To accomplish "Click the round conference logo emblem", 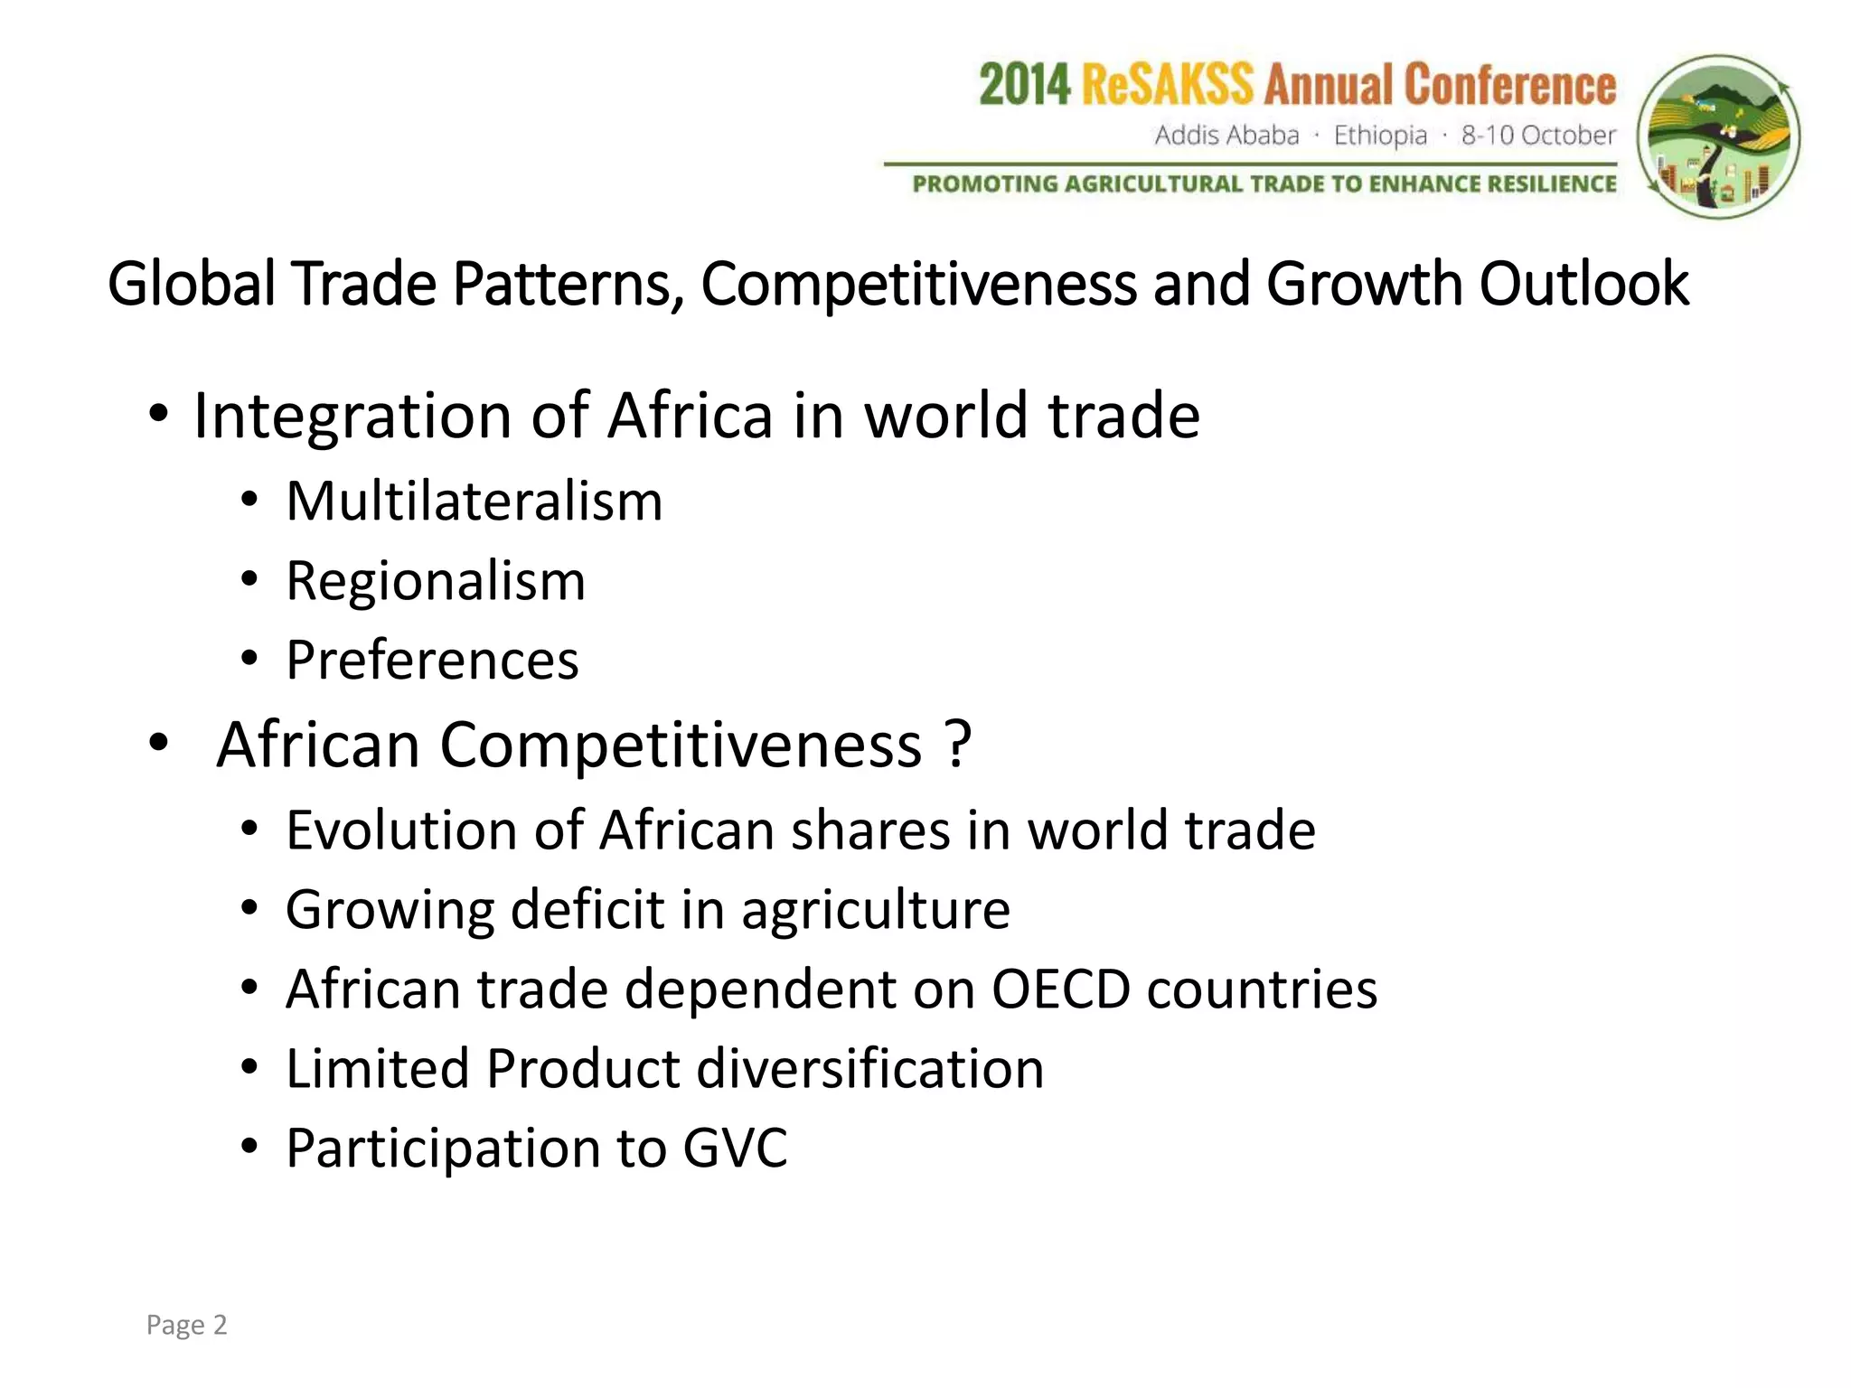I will [1719, 137].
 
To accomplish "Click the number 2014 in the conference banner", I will [1025, 86].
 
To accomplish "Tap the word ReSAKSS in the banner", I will [1167, 86].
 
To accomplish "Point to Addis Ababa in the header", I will [1226, 136].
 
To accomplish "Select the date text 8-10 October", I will [1538, 136].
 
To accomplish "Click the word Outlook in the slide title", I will [1583, 284].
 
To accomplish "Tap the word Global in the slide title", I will [191, 284].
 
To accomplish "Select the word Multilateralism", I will [474, 501].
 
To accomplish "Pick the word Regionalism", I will [436, 580].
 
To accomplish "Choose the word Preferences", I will [432, 660].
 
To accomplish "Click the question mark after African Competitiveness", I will [958, 745].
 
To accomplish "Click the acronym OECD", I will [1060, 989].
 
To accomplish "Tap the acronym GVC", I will [735, 1148].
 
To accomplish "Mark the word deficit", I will [587, 909].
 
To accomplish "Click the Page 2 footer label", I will [186, 1325].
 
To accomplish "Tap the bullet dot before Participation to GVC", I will [250, 1147].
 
